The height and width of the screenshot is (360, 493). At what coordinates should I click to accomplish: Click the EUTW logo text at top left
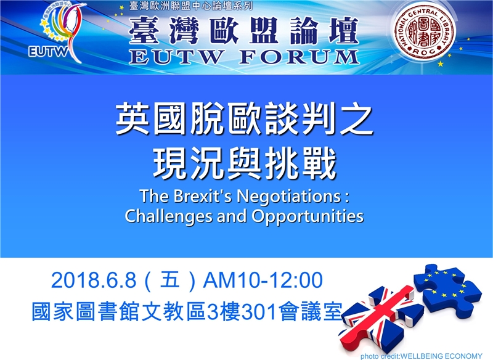(x=48, y=52)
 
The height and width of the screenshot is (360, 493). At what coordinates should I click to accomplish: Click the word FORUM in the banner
(x=299, y=57)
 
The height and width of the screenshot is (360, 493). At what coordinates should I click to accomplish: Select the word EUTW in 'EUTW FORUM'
(x=176, y=57)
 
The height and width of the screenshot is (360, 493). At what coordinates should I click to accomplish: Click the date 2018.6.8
(x=94, y=280)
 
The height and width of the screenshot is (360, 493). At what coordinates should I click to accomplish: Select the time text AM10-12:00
(x=263, y=280)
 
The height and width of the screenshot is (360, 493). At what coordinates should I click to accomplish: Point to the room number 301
(x=260, y=312)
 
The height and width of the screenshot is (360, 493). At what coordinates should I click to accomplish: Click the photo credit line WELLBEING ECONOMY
(x=422, y=356)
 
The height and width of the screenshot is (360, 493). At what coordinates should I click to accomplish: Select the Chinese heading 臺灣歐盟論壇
(x=243, y=30)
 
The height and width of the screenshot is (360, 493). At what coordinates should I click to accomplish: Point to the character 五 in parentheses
(x=170, y=280)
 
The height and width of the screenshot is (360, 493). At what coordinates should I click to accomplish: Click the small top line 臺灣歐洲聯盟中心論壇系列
(x=190, y=6)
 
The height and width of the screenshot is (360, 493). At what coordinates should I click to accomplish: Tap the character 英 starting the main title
(x=132, y=120)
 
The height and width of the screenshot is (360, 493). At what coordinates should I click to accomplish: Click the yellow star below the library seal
(x=441, y=64)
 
